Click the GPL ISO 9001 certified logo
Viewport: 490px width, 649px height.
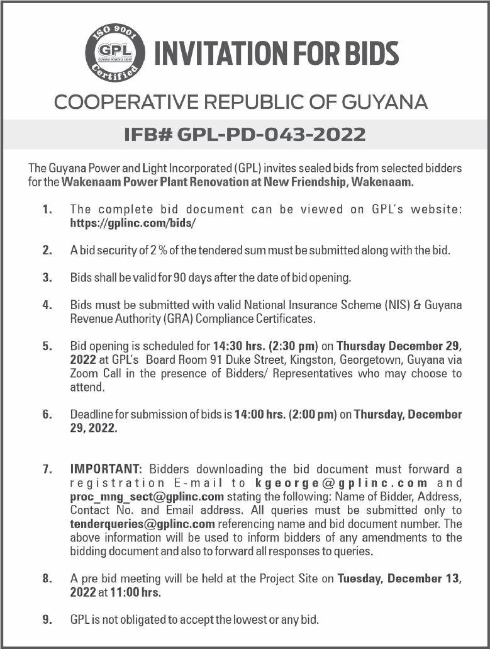click(x=115, y=52)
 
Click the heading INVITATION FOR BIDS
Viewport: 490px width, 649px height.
click(x=277, y=54)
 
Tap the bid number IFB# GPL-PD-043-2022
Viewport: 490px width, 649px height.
click(x=245, y=134)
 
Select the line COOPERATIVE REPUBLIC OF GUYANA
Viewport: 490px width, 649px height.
click(x=241, y=101)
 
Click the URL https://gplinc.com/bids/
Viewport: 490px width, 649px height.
click(x=133, y=223)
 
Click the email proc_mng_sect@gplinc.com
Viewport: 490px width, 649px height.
click(x=147, y=496)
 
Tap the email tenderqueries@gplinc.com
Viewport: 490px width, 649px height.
click(x=143, y=524)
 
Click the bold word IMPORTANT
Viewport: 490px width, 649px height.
click(x=107, y=469)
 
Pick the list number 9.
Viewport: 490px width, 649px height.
click(x=47, y=620)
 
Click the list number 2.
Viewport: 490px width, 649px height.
click(x=47, y=250)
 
